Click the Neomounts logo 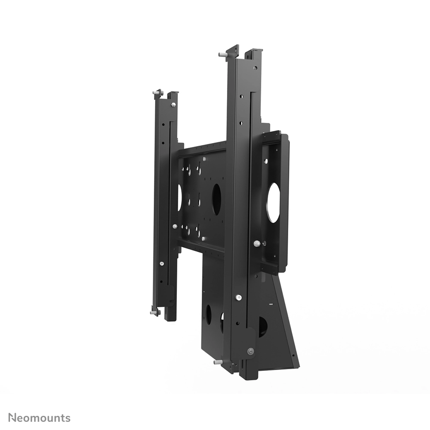point(39,418)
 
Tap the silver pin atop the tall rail point(222,54)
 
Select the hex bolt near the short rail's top point(173,105)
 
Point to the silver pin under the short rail point(154,313)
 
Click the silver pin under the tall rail point(218,362)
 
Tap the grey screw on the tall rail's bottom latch point(250,351)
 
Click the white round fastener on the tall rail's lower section point(238,297)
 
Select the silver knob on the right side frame point(257,243)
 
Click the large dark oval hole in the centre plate point(216,196)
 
